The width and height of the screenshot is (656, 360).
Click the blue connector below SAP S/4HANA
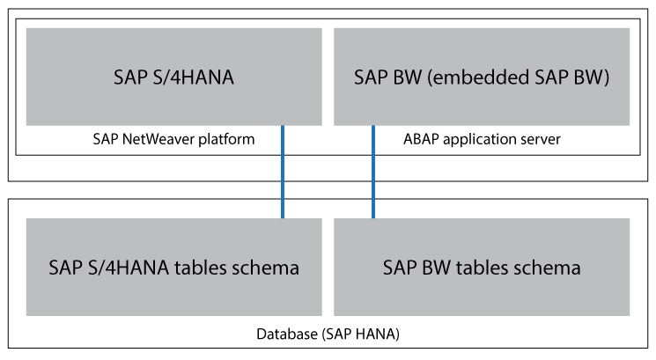pos(283,172)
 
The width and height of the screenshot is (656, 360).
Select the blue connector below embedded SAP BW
pos(373,172)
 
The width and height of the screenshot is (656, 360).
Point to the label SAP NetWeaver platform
pos(173,139)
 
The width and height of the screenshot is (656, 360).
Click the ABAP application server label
pos(482,139)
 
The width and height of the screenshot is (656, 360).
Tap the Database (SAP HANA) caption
pos(328,334)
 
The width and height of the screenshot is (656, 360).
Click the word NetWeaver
pos(164,139)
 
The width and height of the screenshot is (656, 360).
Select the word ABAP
pos(419,139)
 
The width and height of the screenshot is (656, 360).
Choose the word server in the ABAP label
pos(542,139)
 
